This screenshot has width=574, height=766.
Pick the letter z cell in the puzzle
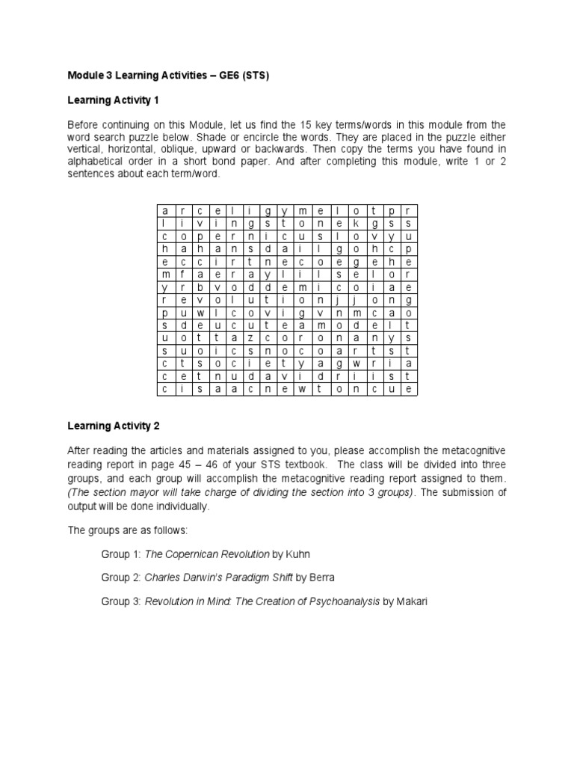pos(251,337)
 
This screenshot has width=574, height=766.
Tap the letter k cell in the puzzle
pos(356,223)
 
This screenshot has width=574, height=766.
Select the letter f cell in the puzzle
pos(182,274)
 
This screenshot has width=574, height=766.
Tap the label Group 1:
pos(120,554)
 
